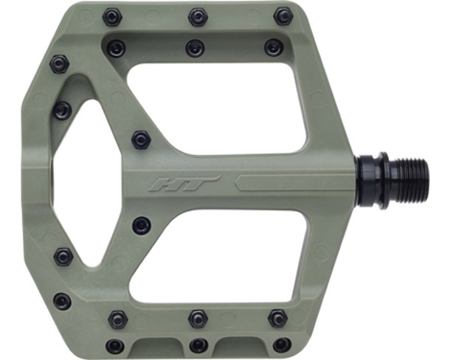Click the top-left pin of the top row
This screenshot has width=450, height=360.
[111, 16]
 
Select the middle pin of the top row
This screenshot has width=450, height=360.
[197, 16]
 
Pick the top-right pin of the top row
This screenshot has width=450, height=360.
[283, 15]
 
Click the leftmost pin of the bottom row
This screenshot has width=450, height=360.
[114, 345]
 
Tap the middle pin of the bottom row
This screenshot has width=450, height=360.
[198, 345]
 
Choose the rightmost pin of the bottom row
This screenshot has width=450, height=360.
[282, 345]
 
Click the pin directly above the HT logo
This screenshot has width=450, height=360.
[141, 139]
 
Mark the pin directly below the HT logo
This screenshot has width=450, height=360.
[141, 225]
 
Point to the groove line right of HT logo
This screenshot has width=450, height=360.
[295, 182]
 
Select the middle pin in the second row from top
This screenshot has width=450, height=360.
[195, 48]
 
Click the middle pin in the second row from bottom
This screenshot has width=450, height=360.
[198, 319]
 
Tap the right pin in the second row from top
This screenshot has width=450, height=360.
[274, 47]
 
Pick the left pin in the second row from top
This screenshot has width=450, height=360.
[116, 49]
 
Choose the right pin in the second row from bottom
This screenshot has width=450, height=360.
[277, 318]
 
